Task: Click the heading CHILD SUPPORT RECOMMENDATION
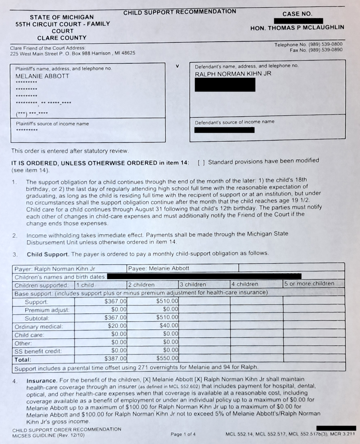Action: [x=180, y=12]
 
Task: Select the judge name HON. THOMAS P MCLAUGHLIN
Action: [x=297, y=28]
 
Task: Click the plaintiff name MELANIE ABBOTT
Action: [x=42, y=76]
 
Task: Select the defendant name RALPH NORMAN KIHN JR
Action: [x=233, y=74]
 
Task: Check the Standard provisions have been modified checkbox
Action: [x=201, y=162]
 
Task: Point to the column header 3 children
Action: [x=193, y=284]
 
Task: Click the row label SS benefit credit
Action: [x=38, y=350]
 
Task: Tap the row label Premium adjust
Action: [x=47, y=310]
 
